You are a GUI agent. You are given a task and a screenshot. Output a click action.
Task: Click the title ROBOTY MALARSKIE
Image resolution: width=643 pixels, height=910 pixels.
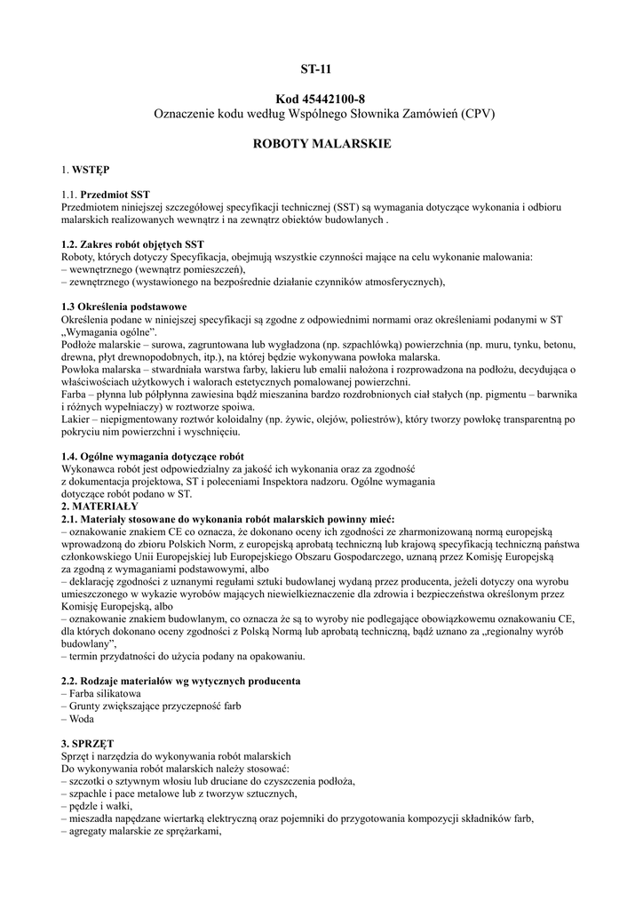(x=321, y=143)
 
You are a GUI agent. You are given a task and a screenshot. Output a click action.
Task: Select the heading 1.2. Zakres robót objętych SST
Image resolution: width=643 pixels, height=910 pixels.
(x=132, y=243)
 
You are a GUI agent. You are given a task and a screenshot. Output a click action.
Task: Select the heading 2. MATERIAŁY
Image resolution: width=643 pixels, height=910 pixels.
(x=99, y=506)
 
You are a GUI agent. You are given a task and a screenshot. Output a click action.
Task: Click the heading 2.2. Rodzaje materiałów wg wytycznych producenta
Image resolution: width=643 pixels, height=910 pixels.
(x=179, y=681)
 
